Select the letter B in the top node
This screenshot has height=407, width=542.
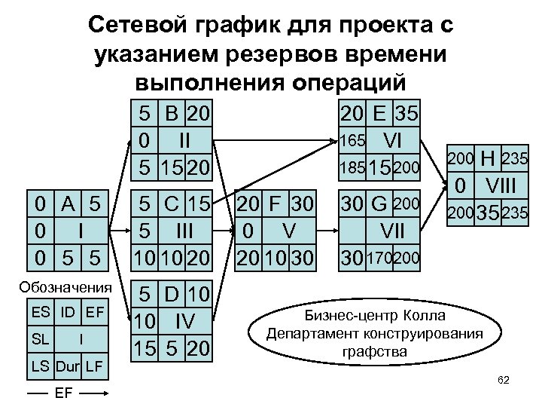(x=171, y=114)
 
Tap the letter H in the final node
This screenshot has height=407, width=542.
(x=487, y=159)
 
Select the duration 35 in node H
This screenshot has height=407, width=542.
(x=487, y=213)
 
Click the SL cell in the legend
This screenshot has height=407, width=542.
(x=42, y=339)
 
